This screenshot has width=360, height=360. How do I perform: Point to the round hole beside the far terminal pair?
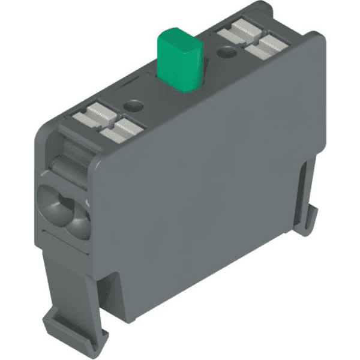coord(226,53)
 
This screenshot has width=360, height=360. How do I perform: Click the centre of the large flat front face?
coord(198,198)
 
